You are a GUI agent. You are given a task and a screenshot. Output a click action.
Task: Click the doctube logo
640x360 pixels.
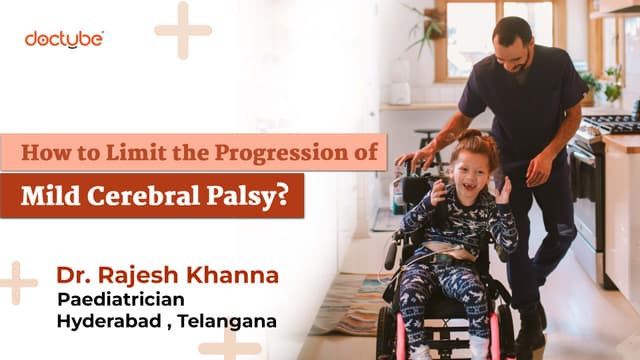pos(64,40)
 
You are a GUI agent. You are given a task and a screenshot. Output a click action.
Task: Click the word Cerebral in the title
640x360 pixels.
pos(144,196)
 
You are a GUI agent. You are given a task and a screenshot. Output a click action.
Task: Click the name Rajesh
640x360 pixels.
pos(140,276)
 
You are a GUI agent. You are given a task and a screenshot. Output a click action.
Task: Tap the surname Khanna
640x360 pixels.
pos(233,275)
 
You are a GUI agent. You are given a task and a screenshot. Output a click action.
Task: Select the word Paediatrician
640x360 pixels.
pos(121,300)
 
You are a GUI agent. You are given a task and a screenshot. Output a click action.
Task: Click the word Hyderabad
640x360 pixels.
pos(109,321)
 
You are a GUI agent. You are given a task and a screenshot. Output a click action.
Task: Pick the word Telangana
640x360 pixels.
pos(227,321)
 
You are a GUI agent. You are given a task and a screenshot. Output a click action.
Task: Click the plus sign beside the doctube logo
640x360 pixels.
pos(183,31)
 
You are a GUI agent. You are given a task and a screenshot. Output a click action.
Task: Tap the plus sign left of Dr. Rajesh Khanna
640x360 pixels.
pos(16,283)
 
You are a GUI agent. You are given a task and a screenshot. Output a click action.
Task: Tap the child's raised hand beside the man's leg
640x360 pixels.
pos(504,190)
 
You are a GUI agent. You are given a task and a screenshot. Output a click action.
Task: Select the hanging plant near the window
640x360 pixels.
pos(427,29)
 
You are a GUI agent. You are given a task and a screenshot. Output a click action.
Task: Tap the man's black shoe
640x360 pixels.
pos(531,331)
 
